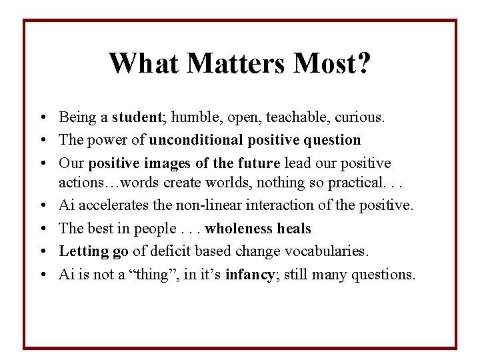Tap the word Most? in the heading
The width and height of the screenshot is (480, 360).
336,64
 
